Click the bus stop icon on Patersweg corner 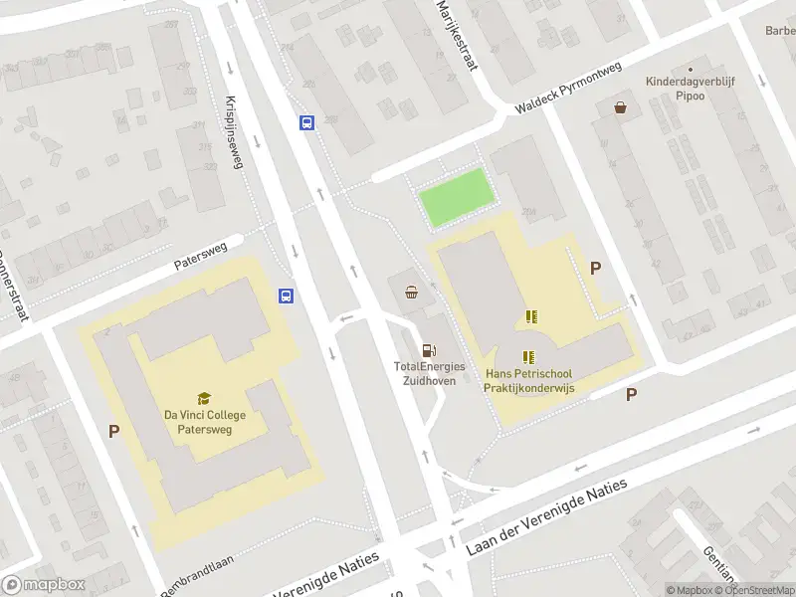(x=286, y=296)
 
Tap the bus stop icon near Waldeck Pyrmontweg (x=307, y=123)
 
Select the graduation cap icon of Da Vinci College (x=204, y=398)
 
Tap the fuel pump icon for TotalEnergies (x=429, y=350)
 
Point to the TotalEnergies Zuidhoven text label (x=429, y=373)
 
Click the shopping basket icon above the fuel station (x=412, y=292)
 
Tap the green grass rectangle (x=457, y=195)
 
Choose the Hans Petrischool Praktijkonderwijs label (x=528, y=380)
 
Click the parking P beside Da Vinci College (x=114, y=431)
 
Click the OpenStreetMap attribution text (x=760, y=590)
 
